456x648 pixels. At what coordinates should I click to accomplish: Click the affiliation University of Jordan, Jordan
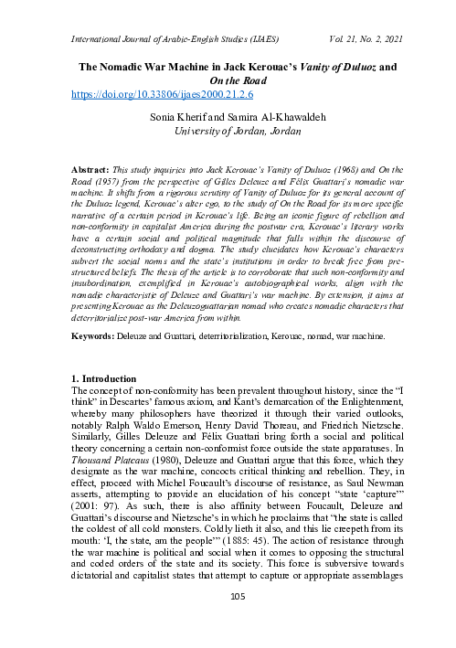click(x=229, y=130)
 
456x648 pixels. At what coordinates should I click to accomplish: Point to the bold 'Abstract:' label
click(x=91, y=170)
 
